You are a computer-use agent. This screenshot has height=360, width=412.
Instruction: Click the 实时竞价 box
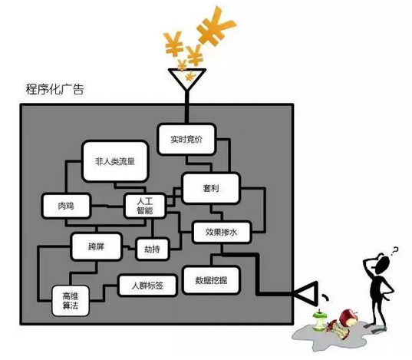186,139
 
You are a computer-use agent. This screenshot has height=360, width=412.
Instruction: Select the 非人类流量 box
115,161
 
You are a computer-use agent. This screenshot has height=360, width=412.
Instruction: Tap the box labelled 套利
211,188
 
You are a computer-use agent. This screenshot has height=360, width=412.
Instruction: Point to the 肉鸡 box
66,206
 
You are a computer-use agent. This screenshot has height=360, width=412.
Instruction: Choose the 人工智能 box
145,206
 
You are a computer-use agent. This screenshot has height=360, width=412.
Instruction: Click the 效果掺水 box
221,233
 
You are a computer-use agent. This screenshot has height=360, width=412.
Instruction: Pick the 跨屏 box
96,246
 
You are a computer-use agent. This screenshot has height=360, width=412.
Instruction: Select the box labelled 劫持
152,249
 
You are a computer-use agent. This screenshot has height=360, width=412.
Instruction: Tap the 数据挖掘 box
211,280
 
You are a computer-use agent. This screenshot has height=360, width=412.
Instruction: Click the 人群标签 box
147,286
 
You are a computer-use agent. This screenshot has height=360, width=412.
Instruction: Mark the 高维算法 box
71,301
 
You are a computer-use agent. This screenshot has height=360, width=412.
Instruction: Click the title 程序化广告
55,90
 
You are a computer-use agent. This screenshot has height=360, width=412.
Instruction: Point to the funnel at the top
186,79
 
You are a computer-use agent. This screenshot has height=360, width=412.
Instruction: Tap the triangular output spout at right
306,293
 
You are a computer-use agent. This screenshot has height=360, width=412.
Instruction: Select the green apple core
319,321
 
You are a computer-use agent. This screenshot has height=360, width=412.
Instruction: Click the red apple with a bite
348,318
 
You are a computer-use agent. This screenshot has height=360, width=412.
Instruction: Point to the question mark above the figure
394,251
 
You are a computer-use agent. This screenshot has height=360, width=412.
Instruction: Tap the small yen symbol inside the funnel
190,76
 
